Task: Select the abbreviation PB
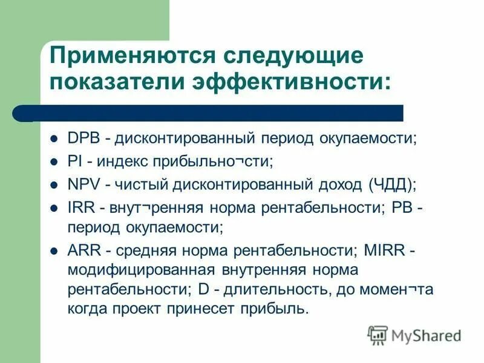coord(402,207)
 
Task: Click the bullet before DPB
coord(54,139)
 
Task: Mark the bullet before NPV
coord(54,184)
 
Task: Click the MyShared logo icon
coord(378,335)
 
